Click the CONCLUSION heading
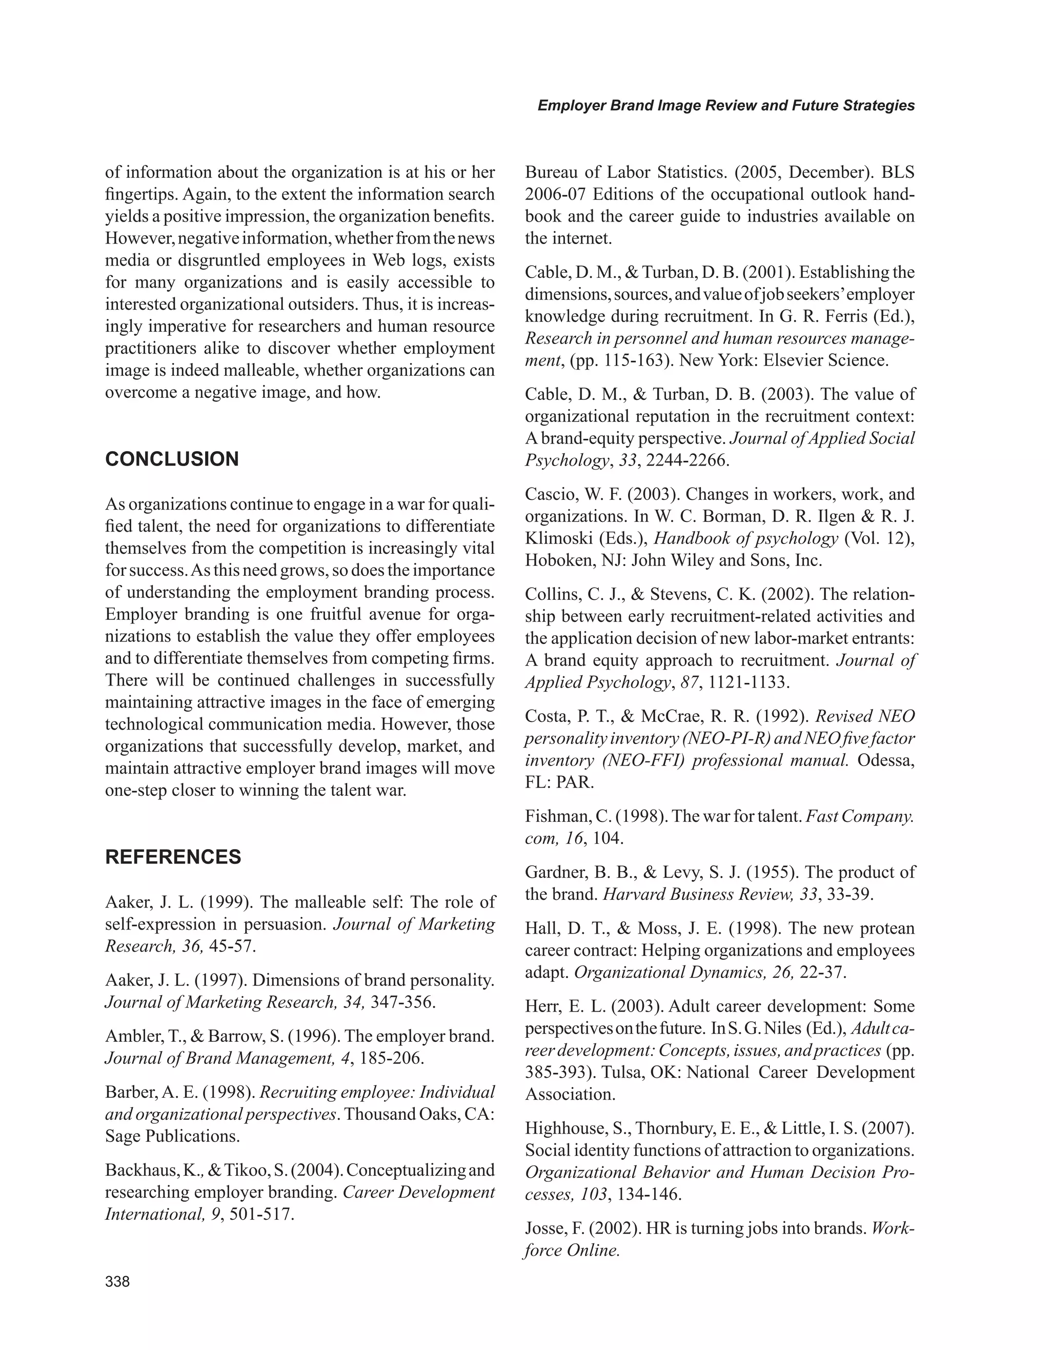172,459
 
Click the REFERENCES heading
173,857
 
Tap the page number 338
117,1281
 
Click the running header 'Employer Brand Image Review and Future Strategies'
725,106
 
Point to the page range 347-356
403,1002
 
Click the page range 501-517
261,1214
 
